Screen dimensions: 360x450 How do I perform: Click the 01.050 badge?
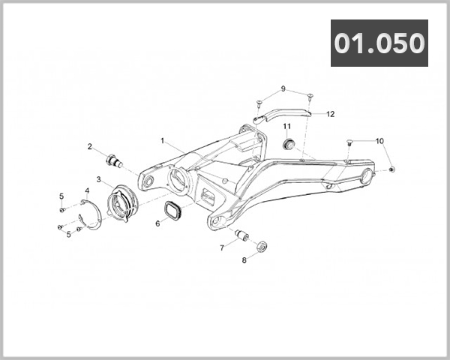(x=379, y=43)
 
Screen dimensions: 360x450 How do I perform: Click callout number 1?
(x=162, y=140)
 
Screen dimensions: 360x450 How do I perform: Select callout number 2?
(x=89, y=147)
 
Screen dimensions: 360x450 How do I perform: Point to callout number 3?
(x=98, y=180)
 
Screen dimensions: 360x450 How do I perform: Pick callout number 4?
(x=87, y=192)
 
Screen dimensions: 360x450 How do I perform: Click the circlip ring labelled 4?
(x=89, y=219)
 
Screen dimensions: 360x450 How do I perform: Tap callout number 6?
(x=157, y=223)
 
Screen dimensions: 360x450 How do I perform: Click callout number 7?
(x=221, y=247)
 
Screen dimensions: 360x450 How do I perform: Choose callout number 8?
(x=244, y=261)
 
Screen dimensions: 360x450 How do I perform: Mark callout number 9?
(x=283, y=88)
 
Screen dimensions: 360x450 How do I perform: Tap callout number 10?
(x=379, y=141)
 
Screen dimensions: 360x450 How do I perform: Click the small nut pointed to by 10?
(x=393, y=170)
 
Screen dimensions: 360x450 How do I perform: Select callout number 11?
(x=286, y=125)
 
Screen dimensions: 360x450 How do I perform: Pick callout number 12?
(x=330, y=114)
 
